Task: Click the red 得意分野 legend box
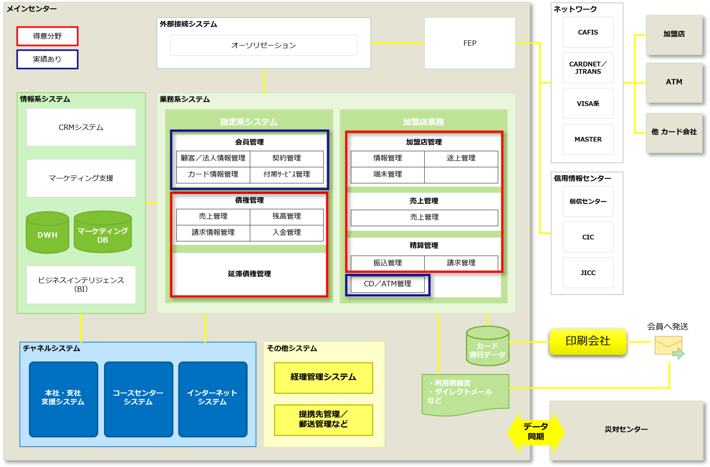[x=47, y=36]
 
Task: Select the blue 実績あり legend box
[x=47, y=59]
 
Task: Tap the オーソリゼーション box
[x=263, y=45]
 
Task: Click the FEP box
[x=470, y=43]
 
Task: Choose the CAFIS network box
[x=588, y=32]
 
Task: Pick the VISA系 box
[x=588, y=104]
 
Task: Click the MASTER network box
[x=588, y=139]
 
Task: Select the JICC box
[x=588, y=273]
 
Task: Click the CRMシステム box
[x=81, y=127]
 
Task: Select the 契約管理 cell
[x=287, y=158]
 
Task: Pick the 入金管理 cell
[x=287, y=233]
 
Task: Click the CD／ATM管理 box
[x=387, y=284]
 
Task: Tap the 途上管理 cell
[x=461, y=158]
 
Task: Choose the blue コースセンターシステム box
[x=138, y=399]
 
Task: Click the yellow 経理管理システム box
[x=323, y=377]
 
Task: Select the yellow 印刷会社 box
[x=588, y=342]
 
